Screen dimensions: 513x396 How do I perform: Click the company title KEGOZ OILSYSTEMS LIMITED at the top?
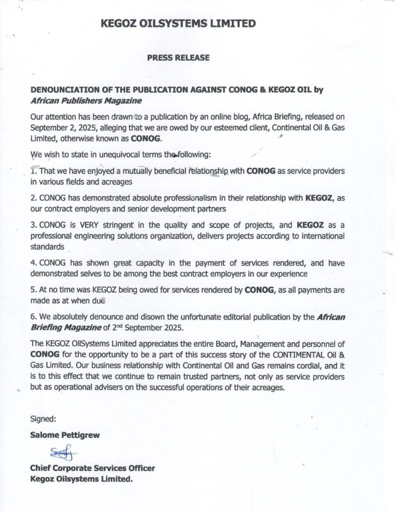click(178, 24)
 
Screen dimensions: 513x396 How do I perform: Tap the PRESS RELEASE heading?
click(178, 58)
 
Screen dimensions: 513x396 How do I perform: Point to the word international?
click(320, 235)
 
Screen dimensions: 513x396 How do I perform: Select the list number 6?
click(33, 318)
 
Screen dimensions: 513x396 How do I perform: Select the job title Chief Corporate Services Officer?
click(93, 468)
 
